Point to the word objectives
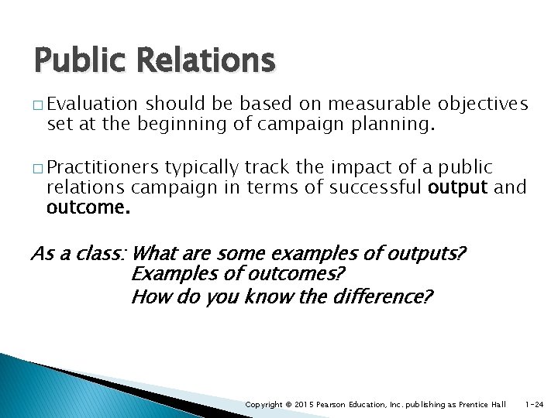tap(483, 104)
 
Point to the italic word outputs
tap(425, 253)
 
